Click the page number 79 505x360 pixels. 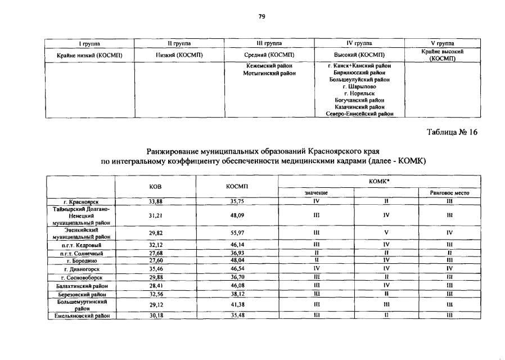261,16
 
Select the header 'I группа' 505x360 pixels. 89,43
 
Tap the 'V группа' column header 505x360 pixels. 442,43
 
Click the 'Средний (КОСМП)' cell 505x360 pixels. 269,55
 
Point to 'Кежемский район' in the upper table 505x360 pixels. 269,66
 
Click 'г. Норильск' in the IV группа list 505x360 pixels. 359,93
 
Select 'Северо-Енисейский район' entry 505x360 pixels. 359,114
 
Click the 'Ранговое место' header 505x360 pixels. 449,193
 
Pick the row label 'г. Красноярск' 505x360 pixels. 81,201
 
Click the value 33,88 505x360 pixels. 156,201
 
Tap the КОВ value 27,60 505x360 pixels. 156,261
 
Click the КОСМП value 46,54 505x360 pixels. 237,269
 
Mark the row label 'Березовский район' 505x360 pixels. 81,294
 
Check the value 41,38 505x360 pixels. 237,305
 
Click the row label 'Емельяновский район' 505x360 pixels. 81,316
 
